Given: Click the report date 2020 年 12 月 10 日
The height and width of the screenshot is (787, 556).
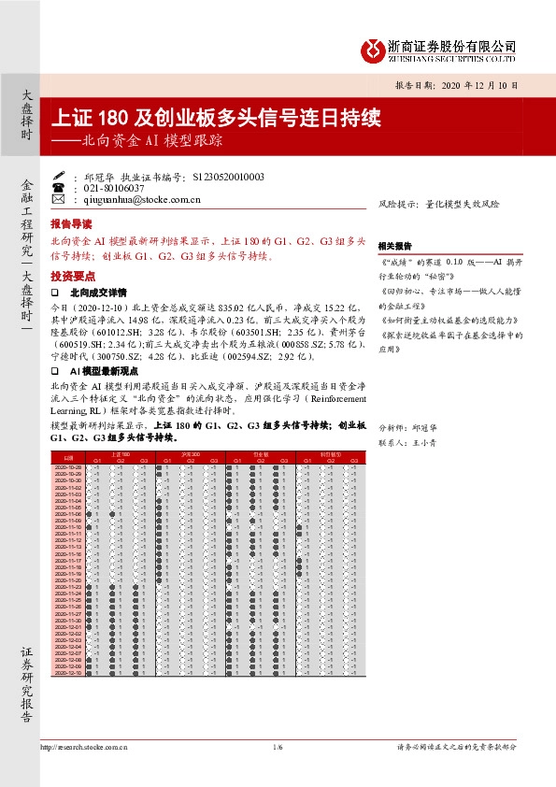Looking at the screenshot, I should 468,85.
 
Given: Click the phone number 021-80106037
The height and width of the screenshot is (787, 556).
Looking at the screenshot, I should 108,187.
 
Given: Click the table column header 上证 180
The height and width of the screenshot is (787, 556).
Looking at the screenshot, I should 120,453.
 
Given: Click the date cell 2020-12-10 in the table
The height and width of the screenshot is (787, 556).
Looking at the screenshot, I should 68,672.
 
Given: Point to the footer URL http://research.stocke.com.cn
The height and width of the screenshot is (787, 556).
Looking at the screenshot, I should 84,747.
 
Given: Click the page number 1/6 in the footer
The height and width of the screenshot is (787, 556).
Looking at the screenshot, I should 278,747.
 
